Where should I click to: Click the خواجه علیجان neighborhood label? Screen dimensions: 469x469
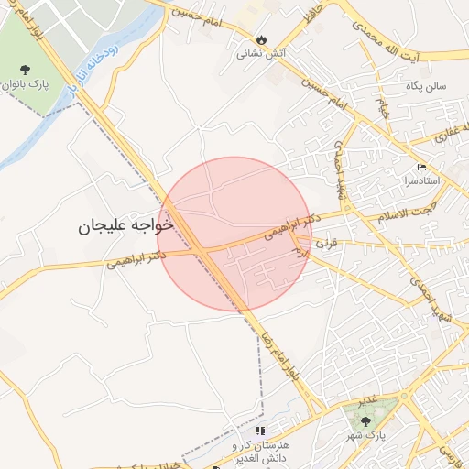coord(126,224)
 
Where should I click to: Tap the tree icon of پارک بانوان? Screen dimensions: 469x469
coord(25,69)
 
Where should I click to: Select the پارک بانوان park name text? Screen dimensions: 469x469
coord(25,85)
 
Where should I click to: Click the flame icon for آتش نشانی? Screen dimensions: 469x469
coord(262,39)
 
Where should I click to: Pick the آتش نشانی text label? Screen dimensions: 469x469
coord(262,54)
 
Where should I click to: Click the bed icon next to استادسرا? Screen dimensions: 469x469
coord(421,166)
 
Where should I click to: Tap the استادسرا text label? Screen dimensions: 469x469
coord(421,180)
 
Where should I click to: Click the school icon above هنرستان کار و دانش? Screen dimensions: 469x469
coord(260,430)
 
